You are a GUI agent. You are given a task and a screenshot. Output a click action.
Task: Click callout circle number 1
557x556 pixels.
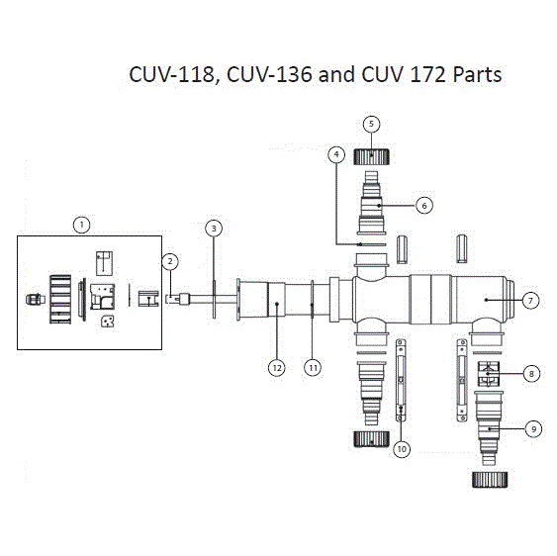click(82, 225)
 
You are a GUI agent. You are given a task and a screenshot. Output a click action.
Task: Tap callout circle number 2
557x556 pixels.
click(170, 261)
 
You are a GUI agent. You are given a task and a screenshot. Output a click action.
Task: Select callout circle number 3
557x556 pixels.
click(214, 229)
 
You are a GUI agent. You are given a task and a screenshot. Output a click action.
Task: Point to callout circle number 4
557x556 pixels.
click(336, 154)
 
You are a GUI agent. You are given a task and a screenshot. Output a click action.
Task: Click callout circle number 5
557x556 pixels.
click(372, 124)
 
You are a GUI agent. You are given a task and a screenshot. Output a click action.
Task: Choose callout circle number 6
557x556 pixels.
click(424, 206)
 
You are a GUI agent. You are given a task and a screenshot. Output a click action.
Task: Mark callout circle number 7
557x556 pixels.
click(530, 301)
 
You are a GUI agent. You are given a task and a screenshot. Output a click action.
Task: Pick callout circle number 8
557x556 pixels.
click(531, 374)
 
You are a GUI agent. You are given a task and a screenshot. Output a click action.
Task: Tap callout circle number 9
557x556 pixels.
click(533, 429)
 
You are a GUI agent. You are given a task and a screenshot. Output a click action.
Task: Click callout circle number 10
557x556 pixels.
click(402, 449)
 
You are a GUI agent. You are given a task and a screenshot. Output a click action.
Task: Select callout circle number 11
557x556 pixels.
click(313, 368)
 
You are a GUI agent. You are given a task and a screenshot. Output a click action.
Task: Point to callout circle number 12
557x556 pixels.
click(277, 368)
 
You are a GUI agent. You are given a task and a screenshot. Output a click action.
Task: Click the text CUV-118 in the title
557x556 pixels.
click(172, 75)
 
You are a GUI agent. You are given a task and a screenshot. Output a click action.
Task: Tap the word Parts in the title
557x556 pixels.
click(477, 74)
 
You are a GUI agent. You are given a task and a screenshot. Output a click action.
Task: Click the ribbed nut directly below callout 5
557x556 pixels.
click(372, 157)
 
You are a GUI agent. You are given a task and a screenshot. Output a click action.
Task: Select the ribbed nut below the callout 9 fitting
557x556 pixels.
click(490, 480)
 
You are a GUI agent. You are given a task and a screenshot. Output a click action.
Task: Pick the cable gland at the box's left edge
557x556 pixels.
click(36, 299)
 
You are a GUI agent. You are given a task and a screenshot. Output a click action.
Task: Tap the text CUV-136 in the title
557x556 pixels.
click(270, 74)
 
